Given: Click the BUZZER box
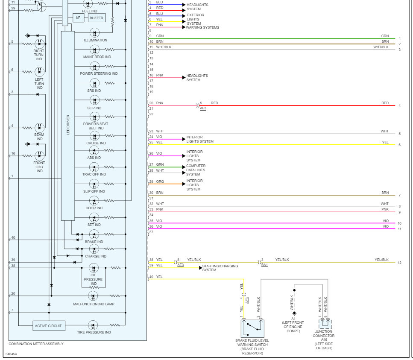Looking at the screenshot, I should point(97,18).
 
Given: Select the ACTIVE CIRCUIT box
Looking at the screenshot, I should point(48,326).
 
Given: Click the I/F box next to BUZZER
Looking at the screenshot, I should point(79,18).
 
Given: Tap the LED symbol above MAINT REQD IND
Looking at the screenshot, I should point(94,50).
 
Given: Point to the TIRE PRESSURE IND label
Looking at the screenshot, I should point(94,332).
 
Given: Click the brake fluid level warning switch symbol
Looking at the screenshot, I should point(252,328).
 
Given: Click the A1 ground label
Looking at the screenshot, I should point(294,318).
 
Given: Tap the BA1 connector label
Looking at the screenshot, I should point(264,265).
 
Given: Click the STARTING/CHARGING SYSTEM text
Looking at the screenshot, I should point(215,268).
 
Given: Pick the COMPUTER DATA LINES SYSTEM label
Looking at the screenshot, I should point(196,170).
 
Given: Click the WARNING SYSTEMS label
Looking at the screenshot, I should point(202,27).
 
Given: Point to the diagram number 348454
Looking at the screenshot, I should point(12,354).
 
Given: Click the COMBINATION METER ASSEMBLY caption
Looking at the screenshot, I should point(36,344).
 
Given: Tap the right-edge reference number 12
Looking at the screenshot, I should point(399,263).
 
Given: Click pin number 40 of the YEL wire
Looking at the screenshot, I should point(151,277).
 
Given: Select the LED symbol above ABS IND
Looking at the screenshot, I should point(94,151).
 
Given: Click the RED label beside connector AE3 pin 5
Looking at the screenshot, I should point(214,103).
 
